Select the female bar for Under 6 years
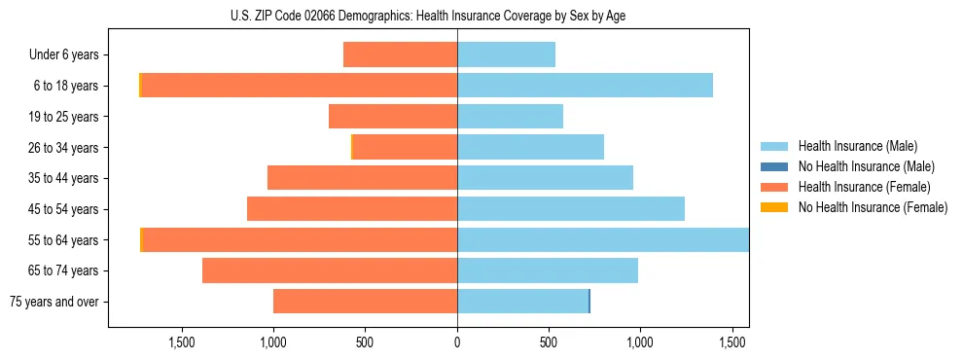[400, 54]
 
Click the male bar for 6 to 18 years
[585, 86]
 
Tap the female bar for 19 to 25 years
[393, 117]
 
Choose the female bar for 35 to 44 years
[362, 178]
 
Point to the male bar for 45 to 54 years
[571, 209]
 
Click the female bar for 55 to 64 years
[300, 240]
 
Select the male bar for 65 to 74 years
[548, 270]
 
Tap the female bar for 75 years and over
[365, 302]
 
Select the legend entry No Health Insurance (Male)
[866, 166]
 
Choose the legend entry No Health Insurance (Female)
[873, 207]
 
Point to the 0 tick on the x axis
[457, 342]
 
